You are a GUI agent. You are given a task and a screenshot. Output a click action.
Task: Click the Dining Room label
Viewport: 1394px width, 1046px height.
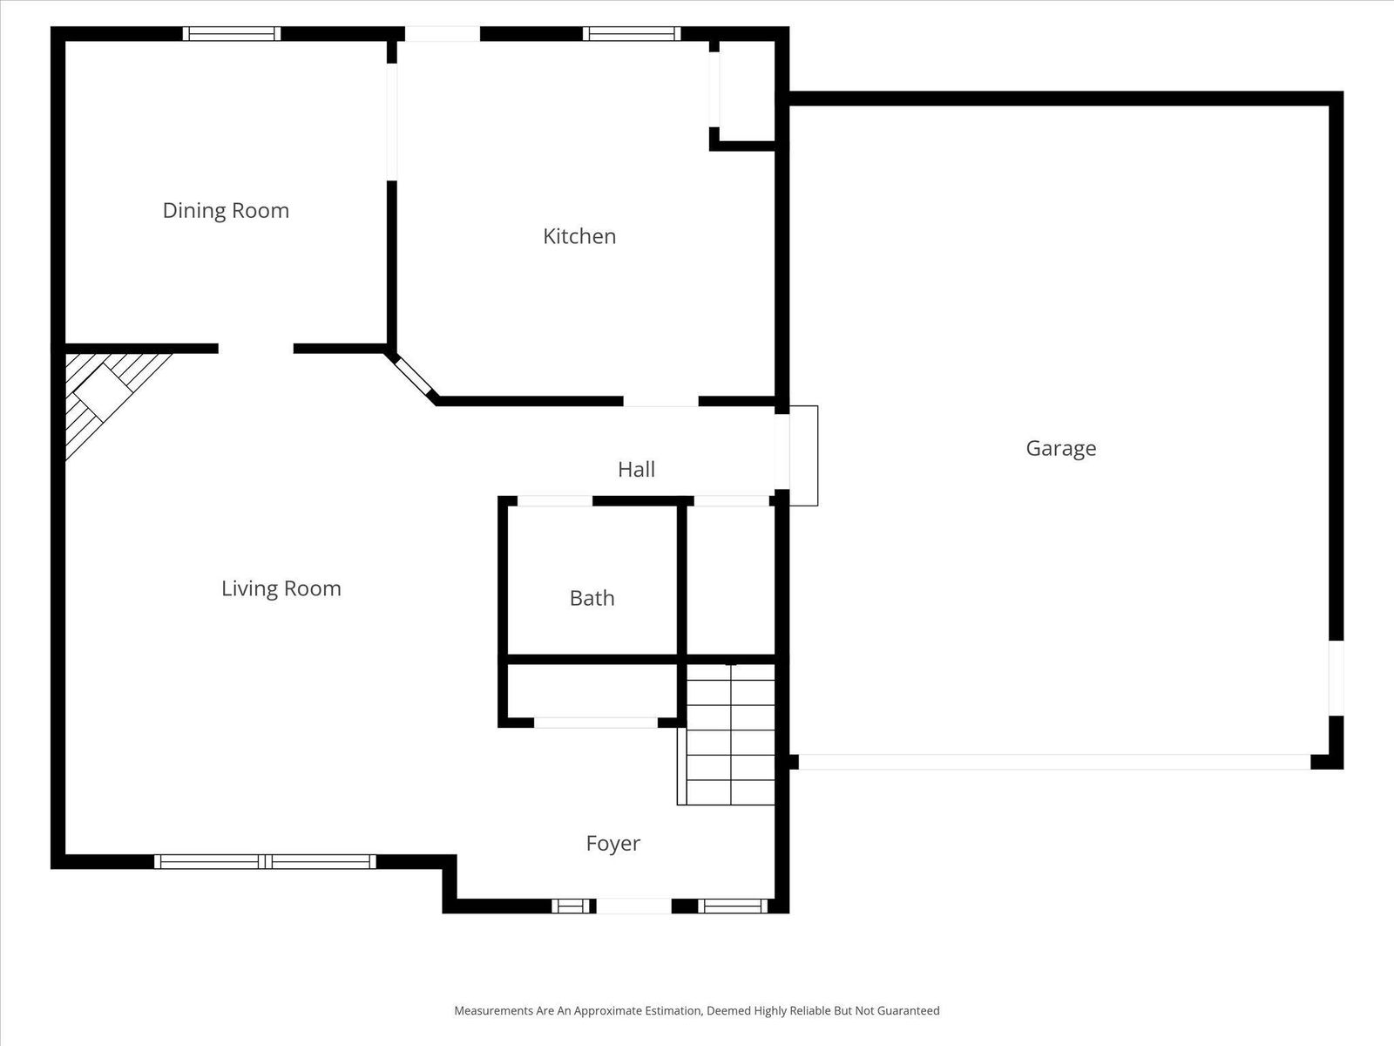[x=226, y=210]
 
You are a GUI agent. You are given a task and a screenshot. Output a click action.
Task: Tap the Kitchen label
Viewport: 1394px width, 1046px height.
[x=579, y=236]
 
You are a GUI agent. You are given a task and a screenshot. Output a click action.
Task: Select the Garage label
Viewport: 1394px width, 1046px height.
[x=1060, y=448]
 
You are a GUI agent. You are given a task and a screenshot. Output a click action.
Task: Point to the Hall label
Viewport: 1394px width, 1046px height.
[x=636, y=469]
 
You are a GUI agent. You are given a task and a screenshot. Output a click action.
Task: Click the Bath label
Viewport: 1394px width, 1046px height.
[x=592, y=598]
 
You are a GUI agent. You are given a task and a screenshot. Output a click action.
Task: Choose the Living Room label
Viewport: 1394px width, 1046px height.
[x=281, y=588]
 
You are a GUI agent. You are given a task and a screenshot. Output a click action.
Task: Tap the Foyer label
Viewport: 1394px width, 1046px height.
[x=612, y=843]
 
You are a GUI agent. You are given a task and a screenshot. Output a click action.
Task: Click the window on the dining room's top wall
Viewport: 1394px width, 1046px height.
[x=232, y=34]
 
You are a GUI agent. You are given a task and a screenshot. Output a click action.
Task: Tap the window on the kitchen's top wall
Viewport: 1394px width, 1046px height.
[x=632, y=34]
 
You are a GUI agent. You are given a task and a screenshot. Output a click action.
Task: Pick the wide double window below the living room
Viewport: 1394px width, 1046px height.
[x=265, y=861]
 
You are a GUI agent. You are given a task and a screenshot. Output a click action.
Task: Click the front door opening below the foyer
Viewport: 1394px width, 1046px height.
[x=633, y=907]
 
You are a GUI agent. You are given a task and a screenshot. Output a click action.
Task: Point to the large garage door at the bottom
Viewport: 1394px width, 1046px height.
[x=1054, y=762]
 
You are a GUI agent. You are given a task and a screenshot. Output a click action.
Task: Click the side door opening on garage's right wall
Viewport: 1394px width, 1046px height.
[x=1336, y=678]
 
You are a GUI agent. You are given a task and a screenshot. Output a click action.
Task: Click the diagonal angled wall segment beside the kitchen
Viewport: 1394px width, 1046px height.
[x=413, y=377]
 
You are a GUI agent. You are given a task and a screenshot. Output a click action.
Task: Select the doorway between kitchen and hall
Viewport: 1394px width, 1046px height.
[x=660, y=401]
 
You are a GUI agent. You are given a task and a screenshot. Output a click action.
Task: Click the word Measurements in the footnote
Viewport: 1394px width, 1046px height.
[x=492, y=1011]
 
